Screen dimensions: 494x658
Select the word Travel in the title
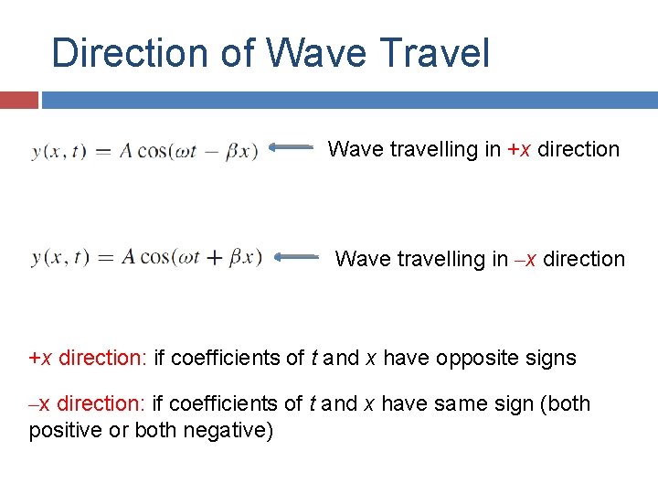[438, 53]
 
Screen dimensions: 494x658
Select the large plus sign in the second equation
[213, 258]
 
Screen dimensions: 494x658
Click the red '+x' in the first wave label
[519, 149]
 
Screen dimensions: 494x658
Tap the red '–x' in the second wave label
[526, 259]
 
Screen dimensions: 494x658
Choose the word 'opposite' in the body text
[480, 358]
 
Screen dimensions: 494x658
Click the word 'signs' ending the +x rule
[551, 358]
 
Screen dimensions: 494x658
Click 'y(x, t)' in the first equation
[58, 152]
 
